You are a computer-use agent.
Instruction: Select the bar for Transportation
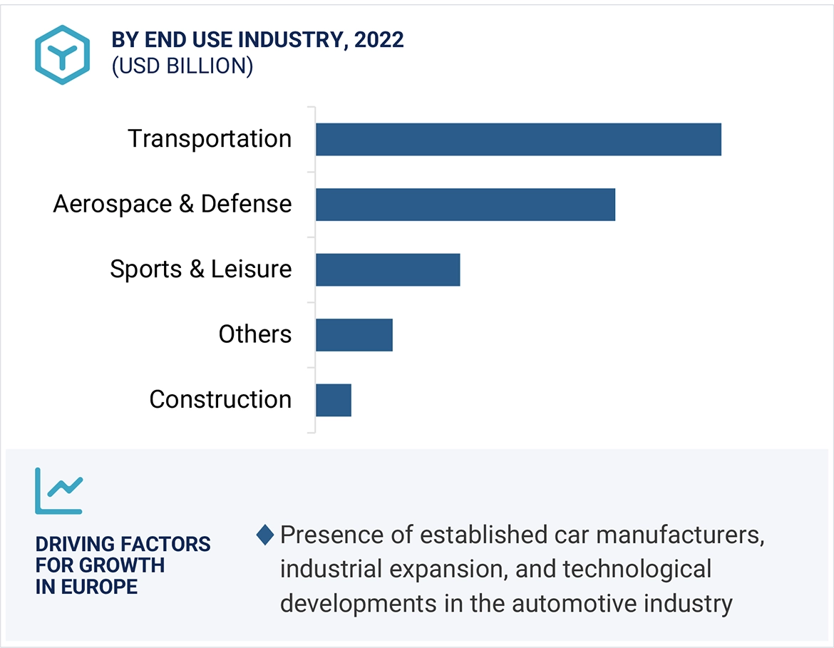(x=518, y=139)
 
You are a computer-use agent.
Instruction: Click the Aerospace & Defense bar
(x=465, y=205)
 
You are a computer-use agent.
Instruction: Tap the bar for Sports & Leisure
(x=388, y=269)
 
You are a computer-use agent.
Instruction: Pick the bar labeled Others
(x=354, y=335)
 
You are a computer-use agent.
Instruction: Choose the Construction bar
(x=333, y=400)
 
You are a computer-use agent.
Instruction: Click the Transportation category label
(x=210, y=139)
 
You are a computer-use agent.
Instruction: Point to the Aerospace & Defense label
(x=173, y=205)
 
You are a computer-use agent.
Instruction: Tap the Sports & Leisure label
(x=200, y=269)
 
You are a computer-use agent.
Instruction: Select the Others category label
(x=255, y=334)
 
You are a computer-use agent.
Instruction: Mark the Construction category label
(x=220, y=400)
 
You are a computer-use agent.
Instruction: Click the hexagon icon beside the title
(x=62, y=56)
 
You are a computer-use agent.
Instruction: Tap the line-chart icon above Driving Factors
(x=58, y=491)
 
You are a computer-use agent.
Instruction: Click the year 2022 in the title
(x=379, y=40)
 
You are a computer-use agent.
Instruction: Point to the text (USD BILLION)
(x=182, y=66)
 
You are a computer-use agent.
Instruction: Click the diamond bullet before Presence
(x=264, y=535)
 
